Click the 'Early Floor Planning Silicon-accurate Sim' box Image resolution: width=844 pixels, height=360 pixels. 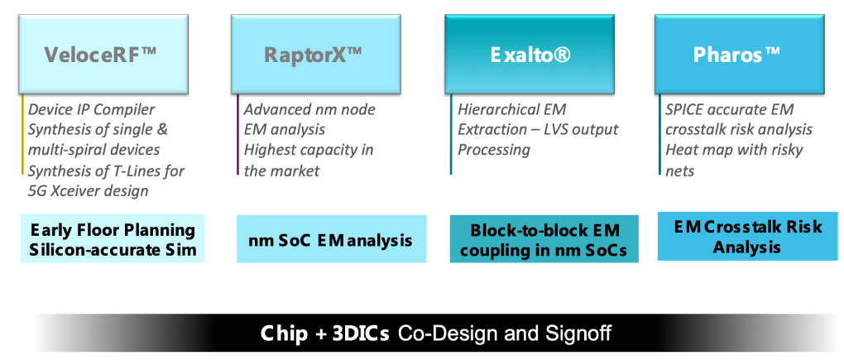pyautogui.click(x=113, y=238)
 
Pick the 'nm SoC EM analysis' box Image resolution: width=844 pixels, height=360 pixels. pyautogui.click(x=332, y=239)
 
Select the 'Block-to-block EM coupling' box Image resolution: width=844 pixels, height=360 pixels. pyautogui.click(x=544, y=239)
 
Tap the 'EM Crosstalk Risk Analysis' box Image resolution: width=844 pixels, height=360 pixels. pyautogui.click(x=748, y=237)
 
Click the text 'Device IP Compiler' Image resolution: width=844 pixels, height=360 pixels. pyautogui.click(x=92, y=110)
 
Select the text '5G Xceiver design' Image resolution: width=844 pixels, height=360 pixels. pyautogui.click(x=88, y=190)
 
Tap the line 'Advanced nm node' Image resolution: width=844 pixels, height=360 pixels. pyautogui.click(x=309, y=110)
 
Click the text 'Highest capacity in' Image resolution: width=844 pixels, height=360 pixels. pyautogui.click(x=309, y=150)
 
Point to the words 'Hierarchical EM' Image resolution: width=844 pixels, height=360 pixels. pyautogui.click(x=512, y=110)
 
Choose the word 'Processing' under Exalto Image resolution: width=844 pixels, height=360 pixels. pyautogui.click(x=494, y=150)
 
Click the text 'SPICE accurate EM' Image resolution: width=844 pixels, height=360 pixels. pyautogui.click(x=729, y=110)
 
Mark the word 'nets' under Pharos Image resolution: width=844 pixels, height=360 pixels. pyautogui.click(x=680, y=171)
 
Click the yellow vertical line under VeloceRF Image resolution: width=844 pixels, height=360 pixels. pyautogui.click(x=22, y=135)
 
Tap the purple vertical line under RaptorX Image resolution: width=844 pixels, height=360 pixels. pyautogui.click(x=237, y=135)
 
